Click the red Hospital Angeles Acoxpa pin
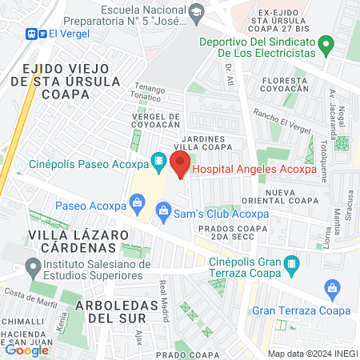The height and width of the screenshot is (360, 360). coord(180,166)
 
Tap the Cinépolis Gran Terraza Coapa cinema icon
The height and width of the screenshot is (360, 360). coord(292,262)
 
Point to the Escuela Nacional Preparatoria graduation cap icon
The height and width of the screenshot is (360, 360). coord(196,13)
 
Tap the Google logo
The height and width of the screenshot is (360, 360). coord(26,349)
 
